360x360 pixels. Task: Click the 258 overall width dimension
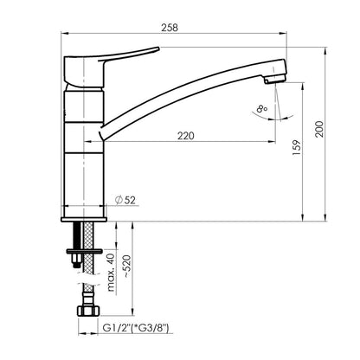coord(170,28)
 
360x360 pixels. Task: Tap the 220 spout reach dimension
coord(186,136)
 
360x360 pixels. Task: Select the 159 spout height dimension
coord(297,148)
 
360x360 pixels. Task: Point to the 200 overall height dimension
coord(319,129)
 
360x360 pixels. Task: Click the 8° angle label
coord(262,109)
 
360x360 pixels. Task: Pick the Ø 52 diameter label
coord(125,200)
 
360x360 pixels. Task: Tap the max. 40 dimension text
coord(111,273)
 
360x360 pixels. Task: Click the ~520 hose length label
coord(127,267)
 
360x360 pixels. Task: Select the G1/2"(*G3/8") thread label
coord(136,328)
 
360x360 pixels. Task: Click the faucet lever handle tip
coord(158,48)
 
